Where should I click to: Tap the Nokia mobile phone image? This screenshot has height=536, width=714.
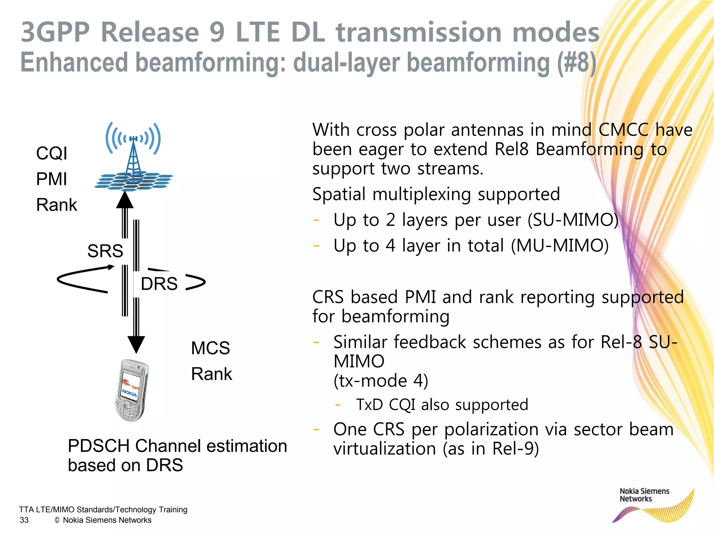[x=131, y=390]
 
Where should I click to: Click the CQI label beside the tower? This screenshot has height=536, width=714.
[x=52, y=154]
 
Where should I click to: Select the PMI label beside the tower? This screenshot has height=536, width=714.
[x=51, y=179]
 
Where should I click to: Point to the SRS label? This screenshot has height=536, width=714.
[x=105, y=251]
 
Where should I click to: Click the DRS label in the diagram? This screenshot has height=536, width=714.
[x=159, y=284]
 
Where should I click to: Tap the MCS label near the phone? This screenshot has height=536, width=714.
[x=211, y=348]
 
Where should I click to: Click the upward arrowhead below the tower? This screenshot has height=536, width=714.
[x=124, y=200]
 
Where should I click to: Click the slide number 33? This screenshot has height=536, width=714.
[x=24, y=520]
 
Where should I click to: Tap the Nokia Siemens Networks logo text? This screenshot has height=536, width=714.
[x=644, y=495]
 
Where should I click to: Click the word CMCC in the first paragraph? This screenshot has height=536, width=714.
[x=623, y=130]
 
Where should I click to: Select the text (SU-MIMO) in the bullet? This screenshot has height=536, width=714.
[x=573, y=220]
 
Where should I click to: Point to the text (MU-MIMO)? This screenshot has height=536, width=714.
[x=560, y=246]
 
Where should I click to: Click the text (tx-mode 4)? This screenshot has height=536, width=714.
[x=381, y=381]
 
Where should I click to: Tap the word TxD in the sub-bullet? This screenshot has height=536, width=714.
[x=369, y=405]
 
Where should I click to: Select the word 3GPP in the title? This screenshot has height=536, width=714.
[x=56, y=32]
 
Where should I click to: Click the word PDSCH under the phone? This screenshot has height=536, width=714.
[x=99, y=446]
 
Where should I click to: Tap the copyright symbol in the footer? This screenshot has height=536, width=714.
[x=57, y=520]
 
